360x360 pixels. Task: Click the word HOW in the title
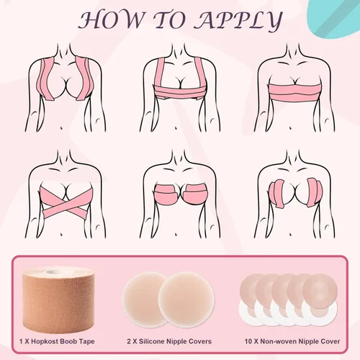point(111,19)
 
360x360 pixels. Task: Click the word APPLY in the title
point(238,20)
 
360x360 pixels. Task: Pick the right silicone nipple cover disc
point(186,300)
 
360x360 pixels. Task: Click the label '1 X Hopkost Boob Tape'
point(57,341)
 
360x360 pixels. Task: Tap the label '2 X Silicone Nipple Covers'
point(169,341)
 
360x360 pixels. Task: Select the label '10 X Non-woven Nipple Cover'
point(292,341)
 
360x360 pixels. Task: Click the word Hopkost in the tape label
point(46,341)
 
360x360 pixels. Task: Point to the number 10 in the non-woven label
point(248,341)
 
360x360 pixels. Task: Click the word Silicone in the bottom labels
point(152,341)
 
